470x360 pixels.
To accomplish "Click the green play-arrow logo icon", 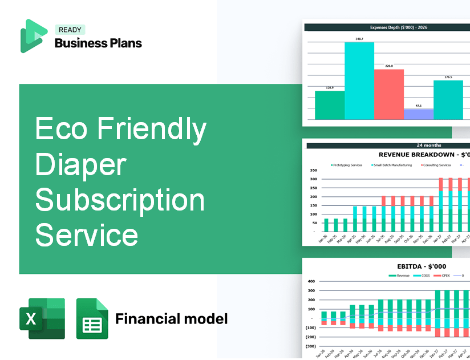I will tap(33, 36).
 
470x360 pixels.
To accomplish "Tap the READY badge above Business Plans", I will tap(70, 30).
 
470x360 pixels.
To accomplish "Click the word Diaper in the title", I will tap(80, 165).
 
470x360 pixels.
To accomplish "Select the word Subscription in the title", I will tap(120, 200).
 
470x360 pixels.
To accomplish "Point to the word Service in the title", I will tap(87, 234).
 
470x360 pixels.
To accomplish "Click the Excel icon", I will tap(42, 318).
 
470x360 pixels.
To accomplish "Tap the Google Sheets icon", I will tap(92, 318).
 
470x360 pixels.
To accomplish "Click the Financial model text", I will tap(171, 318).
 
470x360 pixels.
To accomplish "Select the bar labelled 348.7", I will tap(359, 80).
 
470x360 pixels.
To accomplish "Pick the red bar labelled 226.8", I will tap(389, 94).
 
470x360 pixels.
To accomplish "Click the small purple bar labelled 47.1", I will tap(418, 114).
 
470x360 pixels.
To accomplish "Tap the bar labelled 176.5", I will tap(448, 100).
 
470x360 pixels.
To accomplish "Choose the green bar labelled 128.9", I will tap(330, 105).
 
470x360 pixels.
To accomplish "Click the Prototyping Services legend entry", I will tap(347, 165).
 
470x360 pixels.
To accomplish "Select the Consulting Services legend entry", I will tap(437, 165).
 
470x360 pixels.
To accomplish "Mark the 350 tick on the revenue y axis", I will tap(313, 171).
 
